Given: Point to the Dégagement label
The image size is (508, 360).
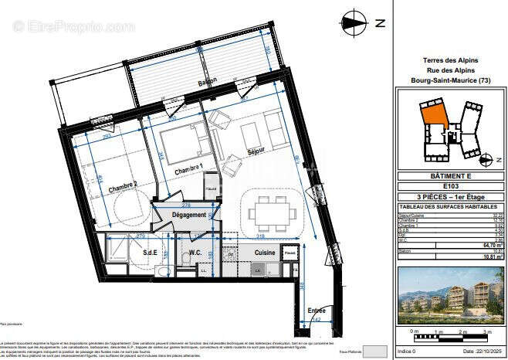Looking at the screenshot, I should pyautogui.click(x=189, y=215).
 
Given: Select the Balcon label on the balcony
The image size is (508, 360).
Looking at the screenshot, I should pyautogui.click(x=206, y=81).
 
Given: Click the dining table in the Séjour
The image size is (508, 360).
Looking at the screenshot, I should pyautogui.click(x=269, y=211).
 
